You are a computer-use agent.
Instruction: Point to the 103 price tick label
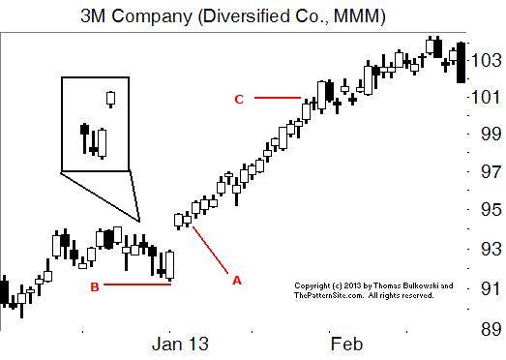pos(485,60)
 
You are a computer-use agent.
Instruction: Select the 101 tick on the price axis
pos(485,98)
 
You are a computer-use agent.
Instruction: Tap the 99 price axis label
pos(486,135)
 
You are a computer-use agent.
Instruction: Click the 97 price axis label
pos(486,173)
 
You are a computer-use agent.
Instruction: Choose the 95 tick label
pos(486,211)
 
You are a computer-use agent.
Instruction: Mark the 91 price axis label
pos(486,287)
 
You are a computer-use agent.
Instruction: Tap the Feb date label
pos(346,344)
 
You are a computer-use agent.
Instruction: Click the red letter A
pos(236,280)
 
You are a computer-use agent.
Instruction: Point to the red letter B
pos(94,286)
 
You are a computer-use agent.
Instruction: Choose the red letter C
pos(238,99)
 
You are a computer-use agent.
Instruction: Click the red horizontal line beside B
pos(136,285)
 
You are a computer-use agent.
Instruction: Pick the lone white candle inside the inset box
pos(111,99)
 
